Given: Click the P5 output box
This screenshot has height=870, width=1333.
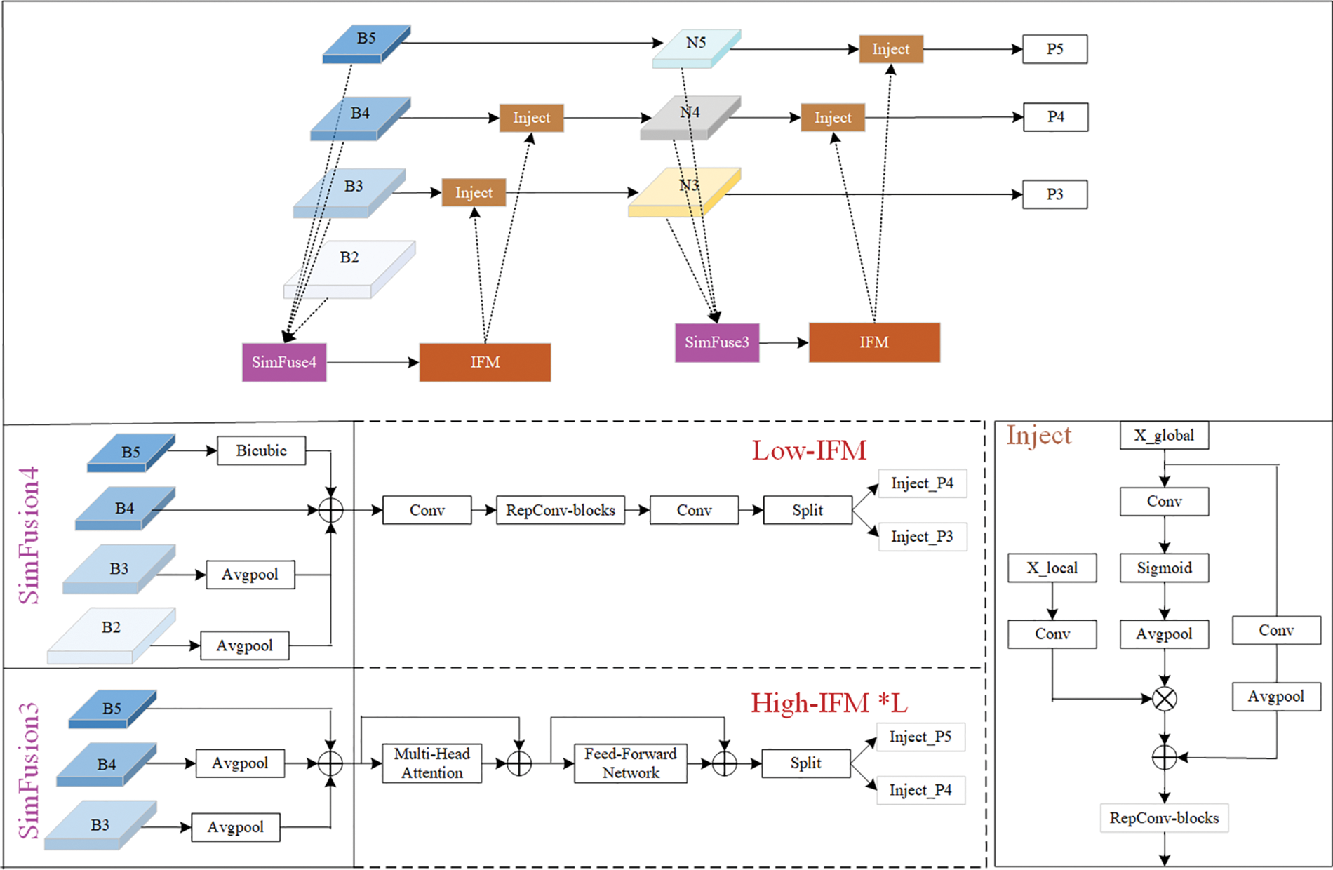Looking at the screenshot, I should click(x=1054, y=49).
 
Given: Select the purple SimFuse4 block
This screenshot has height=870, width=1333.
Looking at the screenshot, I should click(x=284, y=362).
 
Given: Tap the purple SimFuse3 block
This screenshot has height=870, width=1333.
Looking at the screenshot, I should click(x=716, y=342).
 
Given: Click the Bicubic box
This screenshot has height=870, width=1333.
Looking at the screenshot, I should click(x=261, y=450).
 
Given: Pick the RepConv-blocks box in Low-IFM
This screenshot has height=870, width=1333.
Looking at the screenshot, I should click(x=560, y=510).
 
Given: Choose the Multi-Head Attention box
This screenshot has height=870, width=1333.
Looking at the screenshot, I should click(x=431, y=763).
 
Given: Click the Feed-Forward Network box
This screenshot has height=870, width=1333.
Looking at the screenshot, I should click(x=630, y=763).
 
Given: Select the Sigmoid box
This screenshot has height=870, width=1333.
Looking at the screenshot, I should click(x=1164, y=568).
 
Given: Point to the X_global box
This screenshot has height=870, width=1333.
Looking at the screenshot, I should click(x=1164, y=435).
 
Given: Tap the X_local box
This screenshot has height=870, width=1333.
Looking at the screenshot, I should click(x=1052, y=568).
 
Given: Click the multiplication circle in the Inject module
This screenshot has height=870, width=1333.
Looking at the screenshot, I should click(x=1164, y=699).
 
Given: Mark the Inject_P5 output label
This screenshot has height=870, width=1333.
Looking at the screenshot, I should click(x=920, y=737).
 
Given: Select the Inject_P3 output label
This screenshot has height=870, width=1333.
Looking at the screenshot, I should click(x=922, y=537).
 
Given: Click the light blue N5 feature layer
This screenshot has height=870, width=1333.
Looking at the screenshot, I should click(x=696, y=47).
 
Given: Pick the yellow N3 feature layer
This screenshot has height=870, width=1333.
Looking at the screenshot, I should click(x=685, y=192).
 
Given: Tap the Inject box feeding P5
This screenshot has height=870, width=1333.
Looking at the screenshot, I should click(x=890, y=49).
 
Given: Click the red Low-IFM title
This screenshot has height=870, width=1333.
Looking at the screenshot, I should click(x=809, y=450).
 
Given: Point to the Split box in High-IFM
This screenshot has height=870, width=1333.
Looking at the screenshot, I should click(x=805, y=763).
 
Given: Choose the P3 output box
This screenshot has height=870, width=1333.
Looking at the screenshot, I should click(x=1054, y=194).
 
